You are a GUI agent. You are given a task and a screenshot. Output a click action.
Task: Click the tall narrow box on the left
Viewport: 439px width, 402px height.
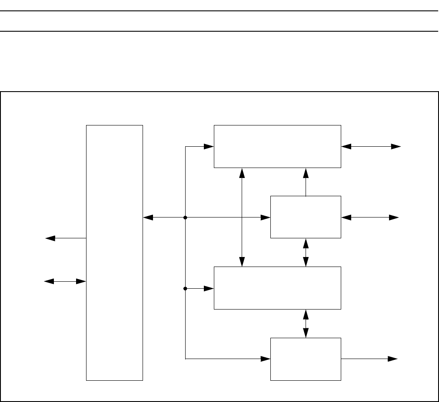coord(115,253)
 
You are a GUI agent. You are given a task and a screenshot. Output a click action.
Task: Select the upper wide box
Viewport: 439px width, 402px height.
coord(277,146)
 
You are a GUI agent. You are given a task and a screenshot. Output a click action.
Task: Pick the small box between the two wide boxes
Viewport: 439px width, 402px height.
coord(306,217)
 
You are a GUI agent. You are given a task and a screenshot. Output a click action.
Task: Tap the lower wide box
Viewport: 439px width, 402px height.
coord(277,288)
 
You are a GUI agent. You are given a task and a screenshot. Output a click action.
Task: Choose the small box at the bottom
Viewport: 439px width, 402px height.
coord(306,359)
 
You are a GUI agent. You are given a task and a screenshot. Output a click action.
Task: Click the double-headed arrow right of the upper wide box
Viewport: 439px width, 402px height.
coord(371,147)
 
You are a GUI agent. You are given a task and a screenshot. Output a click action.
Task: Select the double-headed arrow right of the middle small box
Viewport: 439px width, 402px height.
coord(370,217)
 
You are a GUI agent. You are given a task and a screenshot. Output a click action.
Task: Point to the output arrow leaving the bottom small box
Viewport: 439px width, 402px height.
coord(369,359)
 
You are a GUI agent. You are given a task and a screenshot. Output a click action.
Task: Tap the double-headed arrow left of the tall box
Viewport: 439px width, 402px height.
coord(65,281)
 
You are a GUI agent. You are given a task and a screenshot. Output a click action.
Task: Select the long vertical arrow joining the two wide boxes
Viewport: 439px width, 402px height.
coord(242,217)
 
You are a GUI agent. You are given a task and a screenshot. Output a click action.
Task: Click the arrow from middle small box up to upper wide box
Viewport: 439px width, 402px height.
coord(306,182)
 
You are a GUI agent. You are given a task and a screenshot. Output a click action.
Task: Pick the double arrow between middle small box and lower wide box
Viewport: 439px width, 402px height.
coord(306,252)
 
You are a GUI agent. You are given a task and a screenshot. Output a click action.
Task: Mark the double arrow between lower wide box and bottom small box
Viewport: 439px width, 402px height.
coord(306,323)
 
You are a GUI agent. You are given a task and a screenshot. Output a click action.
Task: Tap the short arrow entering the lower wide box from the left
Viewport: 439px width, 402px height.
coord(200,288)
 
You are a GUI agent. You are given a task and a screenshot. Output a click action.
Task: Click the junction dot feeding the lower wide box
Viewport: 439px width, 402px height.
coord(186,288)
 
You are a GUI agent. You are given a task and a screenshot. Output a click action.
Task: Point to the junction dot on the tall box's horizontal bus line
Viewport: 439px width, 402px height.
coord(186,217)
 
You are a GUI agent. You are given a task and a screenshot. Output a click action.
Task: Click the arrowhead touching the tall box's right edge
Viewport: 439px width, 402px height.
coord(148,217)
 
